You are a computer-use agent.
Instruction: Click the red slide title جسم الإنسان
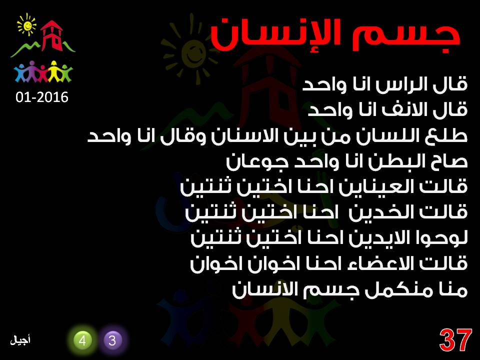[335, 34]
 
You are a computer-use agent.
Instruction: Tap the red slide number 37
[455, 340]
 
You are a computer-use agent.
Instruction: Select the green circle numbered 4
[82, 340]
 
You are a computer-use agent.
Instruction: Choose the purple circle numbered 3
[112, 340]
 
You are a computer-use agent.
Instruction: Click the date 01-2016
[42, 97]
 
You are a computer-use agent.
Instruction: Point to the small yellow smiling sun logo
[27, 24]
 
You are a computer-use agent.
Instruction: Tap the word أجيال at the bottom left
[20, 340]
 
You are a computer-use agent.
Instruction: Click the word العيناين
[377, 186]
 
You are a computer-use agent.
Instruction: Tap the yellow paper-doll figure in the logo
[54, 71]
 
